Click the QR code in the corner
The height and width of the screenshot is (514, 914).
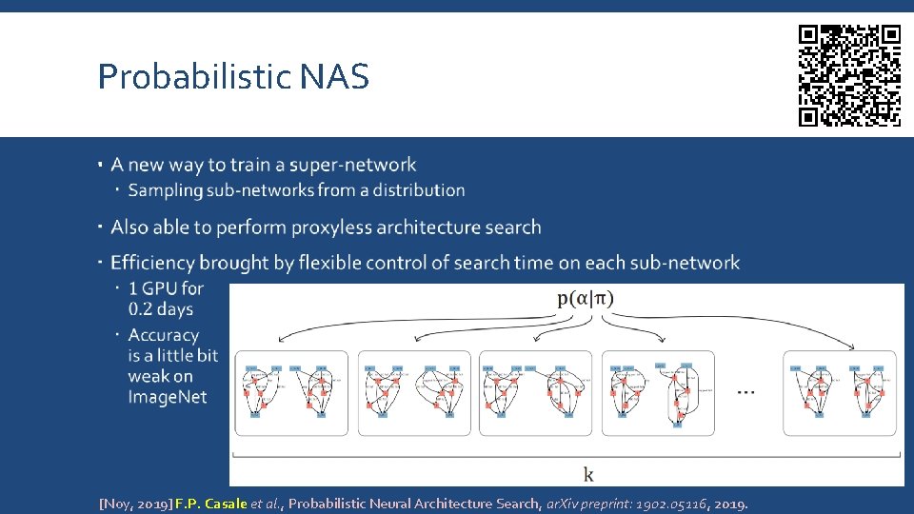coord(849,76)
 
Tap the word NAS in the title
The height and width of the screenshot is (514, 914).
coord(334,77)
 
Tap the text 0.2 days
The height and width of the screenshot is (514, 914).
coord(161,309)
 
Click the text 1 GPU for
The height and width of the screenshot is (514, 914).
coord(166,288)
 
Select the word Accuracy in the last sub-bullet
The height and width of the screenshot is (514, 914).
coord(164,335)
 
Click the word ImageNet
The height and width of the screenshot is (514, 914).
coord(168,398)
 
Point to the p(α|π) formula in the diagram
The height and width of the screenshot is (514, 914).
coord(586,298)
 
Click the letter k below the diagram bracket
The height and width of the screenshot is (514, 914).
coord(588,473)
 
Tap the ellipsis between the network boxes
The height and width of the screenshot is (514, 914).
coord(747,391)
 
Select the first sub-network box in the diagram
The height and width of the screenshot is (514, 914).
coord(291,393)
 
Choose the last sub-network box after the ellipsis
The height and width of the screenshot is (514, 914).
coord(839,393)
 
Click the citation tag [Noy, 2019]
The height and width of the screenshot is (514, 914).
coord(135,504)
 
